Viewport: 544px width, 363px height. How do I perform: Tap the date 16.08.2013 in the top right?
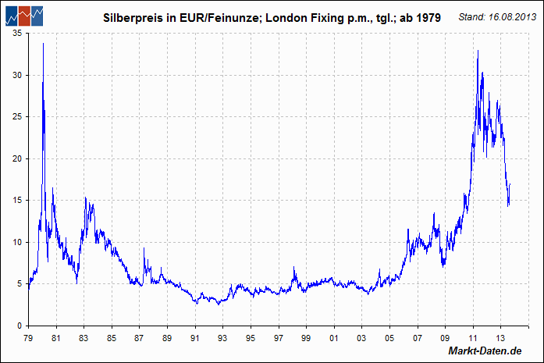coord(506,16)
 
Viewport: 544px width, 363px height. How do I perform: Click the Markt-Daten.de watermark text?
coord(484,351)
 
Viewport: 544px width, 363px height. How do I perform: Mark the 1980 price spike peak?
coord(43,44)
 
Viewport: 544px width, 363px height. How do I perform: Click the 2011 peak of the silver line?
coord(478,52)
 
